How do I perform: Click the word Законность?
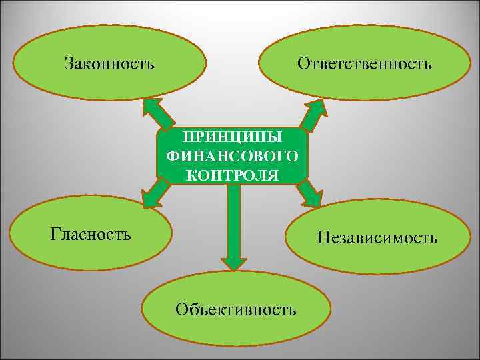point(110,64)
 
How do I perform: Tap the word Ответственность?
point(365,64)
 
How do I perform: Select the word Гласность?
point(91,234)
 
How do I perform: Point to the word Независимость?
point(377,237)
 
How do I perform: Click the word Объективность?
point(235,309)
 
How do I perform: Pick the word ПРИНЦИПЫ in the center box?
point(233,137)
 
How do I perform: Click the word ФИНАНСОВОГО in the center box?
point(233,156)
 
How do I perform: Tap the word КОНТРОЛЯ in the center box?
point(233,175)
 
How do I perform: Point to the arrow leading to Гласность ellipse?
point(155,194)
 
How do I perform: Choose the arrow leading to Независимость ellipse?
point(309,194)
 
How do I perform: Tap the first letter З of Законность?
point(69,64)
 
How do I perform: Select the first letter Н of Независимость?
point(324,237)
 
